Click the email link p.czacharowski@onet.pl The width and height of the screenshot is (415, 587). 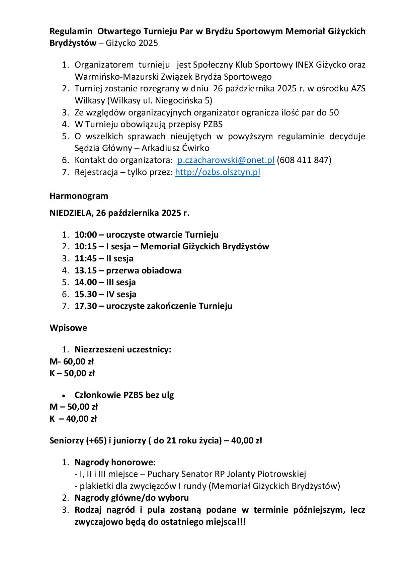click(226, 160)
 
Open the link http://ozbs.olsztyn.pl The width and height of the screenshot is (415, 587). click(218, 172)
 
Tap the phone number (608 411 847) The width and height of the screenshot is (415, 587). click(304, 160)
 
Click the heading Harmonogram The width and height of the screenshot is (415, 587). click(79, 196)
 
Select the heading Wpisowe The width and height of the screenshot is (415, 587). click(68, 328)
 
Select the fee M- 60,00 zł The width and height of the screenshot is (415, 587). click(72, 361)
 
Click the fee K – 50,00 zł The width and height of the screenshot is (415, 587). click(72, 373)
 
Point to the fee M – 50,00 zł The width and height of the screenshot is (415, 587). click(74, 407)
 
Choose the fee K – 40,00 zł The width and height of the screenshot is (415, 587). click(73, 419)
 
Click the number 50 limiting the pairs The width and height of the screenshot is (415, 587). click(334, 113)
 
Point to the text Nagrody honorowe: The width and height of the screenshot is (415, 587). click(115, 463)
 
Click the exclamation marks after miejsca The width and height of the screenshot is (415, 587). click(241, 522)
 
